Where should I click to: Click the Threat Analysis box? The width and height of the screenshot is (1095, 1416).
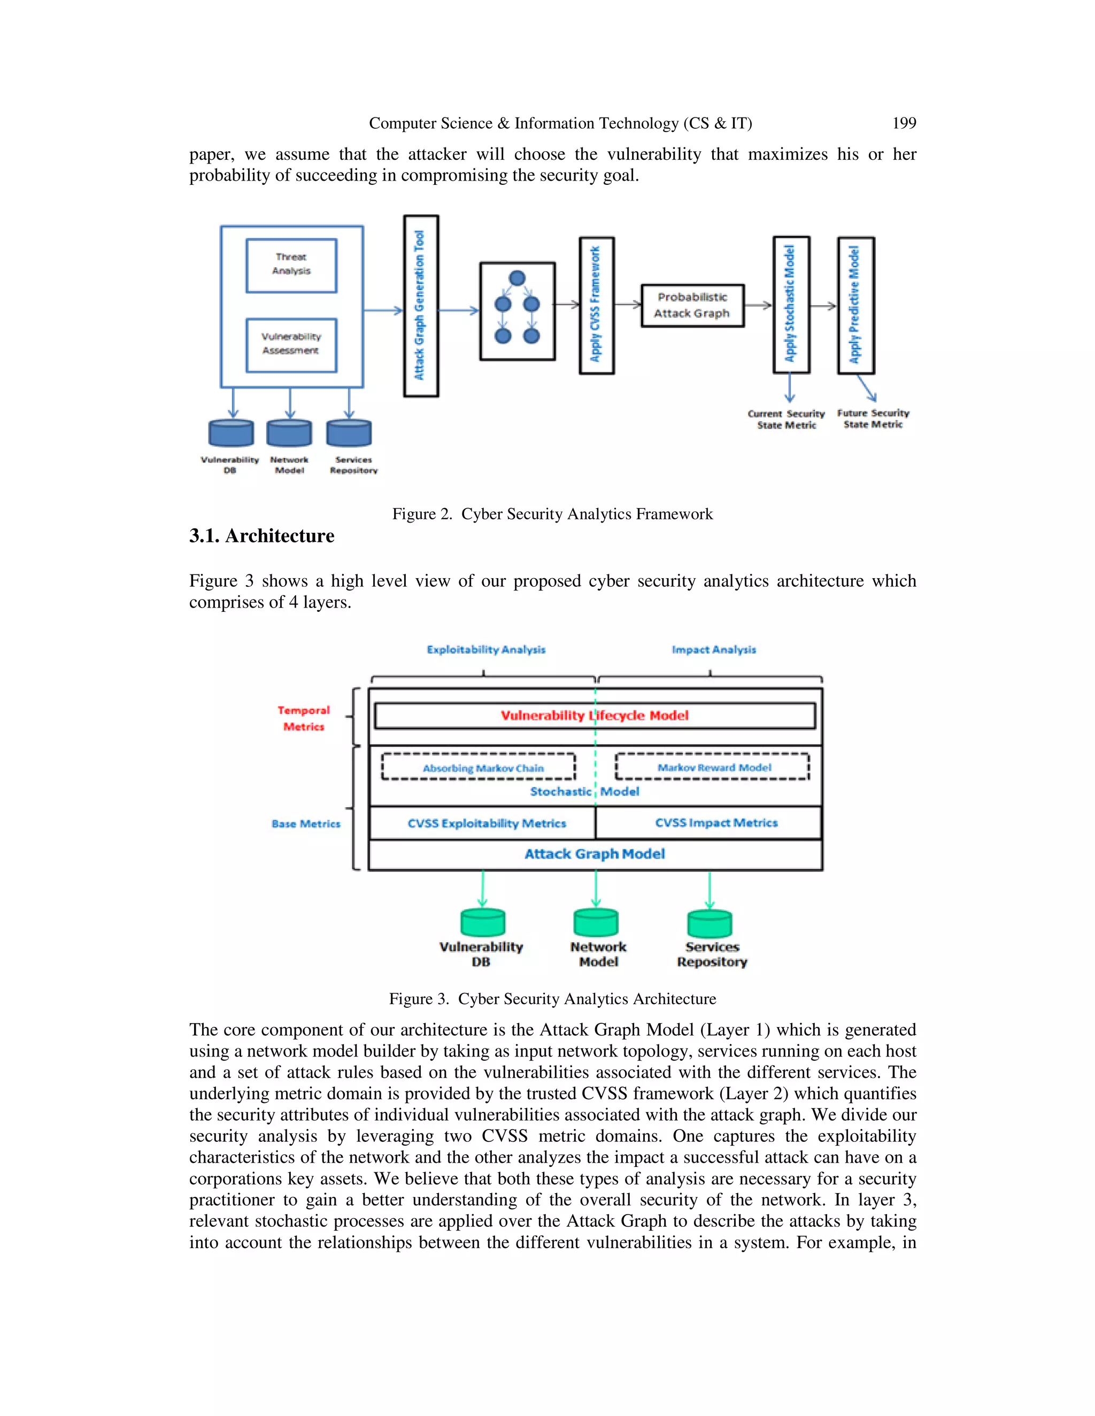click(291, 265)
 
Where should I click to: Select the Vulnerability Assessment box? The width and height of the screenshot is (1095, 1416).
click(291, 344)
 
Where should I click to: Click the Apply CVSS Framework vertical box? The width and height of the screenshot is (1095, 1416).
click(596, 305)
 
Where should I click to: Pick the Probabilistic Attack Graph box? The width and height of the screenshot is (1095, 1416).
click(692, 305)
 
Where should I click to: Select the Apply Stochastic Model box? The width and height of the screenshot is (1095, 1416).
click(791, 305)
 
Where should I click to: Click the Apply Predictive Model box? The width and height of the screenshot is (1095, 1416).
click(855, 305)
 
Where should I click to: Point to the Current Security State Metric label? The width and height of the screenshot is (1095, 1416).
click(786, 419)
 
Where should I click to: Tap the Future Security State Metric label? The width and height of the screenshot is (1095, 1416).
click(873, 419)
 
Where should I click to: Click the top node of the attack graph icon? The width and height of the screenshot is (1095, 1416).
click(517, 278)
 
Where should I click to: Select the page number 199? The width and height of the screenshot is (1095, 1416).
click(904, 123)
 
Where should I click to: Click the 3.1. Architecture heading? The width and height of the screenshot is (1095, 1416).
click(261, 536)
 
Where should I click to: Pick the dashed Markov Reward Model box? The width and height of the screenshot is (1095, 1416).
click(712, 766)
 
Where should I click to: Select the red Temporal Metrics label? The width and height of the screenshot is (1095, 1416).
click(304, 718)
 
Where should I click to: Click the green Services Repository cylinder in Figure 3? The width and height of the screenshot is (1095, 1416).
click(710, 923)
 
